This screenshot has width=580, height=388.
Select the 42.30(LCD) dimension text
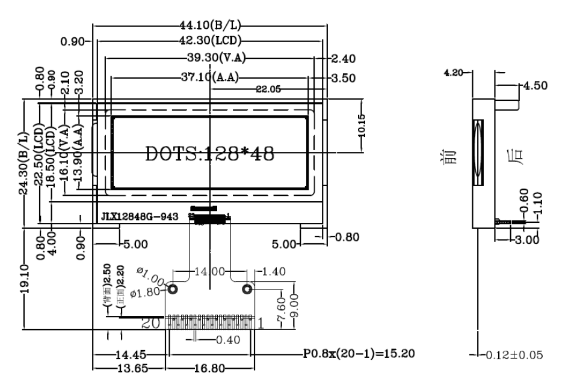click(211, 41)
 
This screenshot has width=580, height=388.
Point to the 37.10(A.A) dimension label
click(210, 77)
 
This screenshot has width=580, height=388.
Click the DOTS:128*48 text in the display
click(210, 154)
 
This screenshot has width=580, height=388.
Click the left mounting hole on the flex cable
click(173, 289)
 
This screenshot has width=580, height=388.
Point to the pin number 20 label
click(150, 323)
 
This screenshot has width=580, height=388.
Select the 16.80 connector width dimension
click(210, 368)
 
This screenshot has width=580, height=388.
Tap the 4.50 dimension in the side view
click(535, 85)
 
